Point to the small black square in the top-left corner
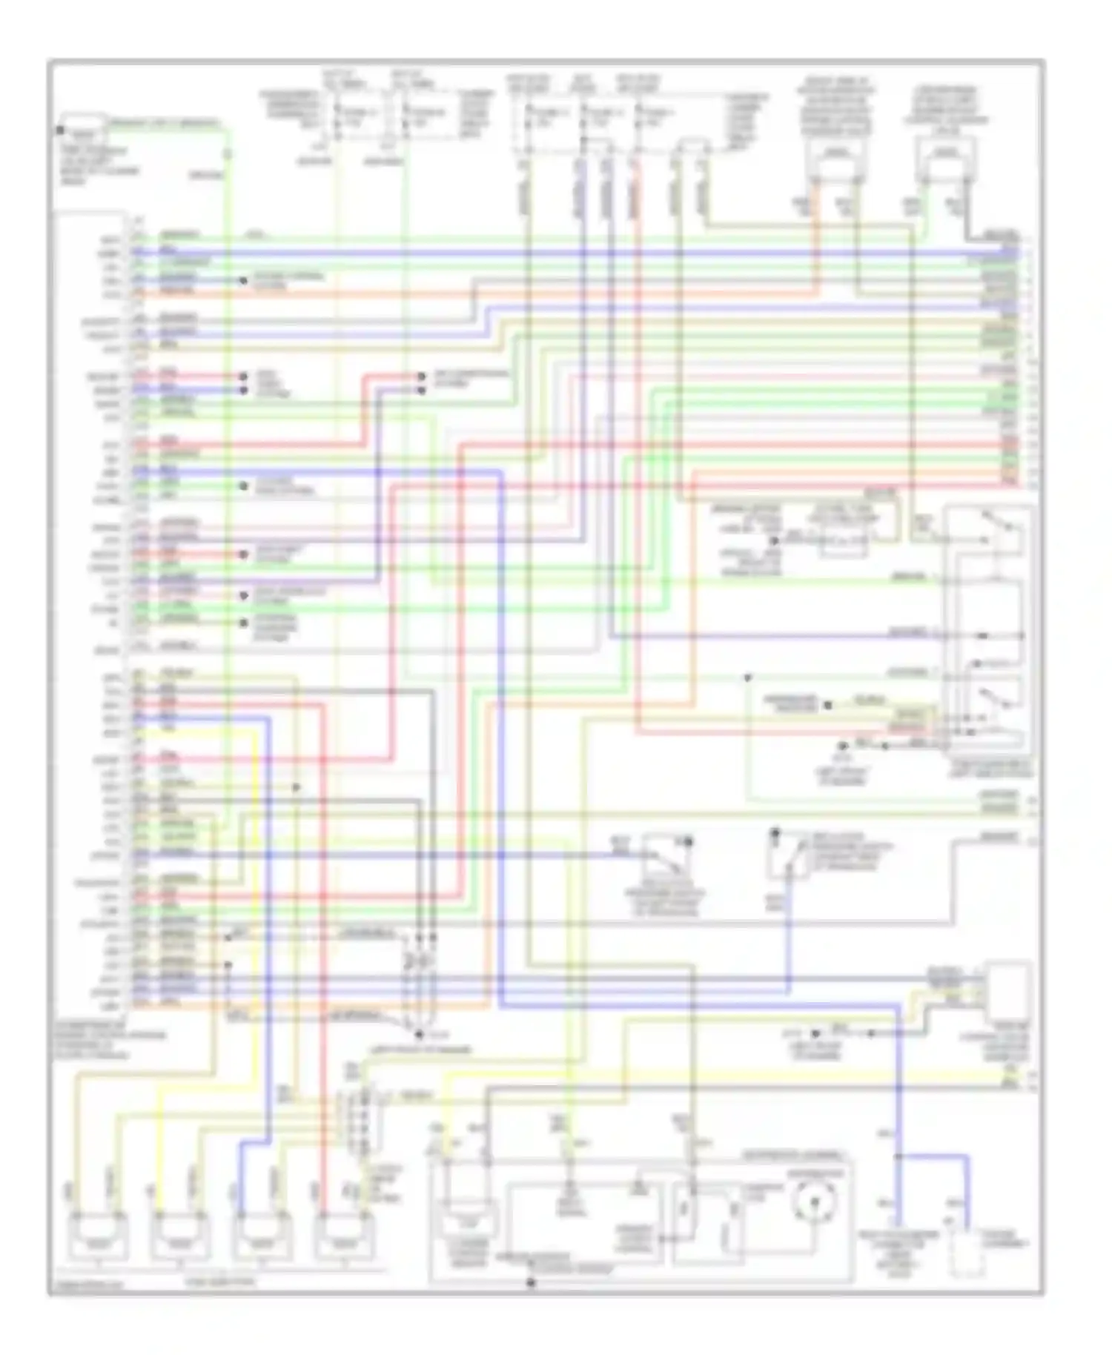coord(59,131)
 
